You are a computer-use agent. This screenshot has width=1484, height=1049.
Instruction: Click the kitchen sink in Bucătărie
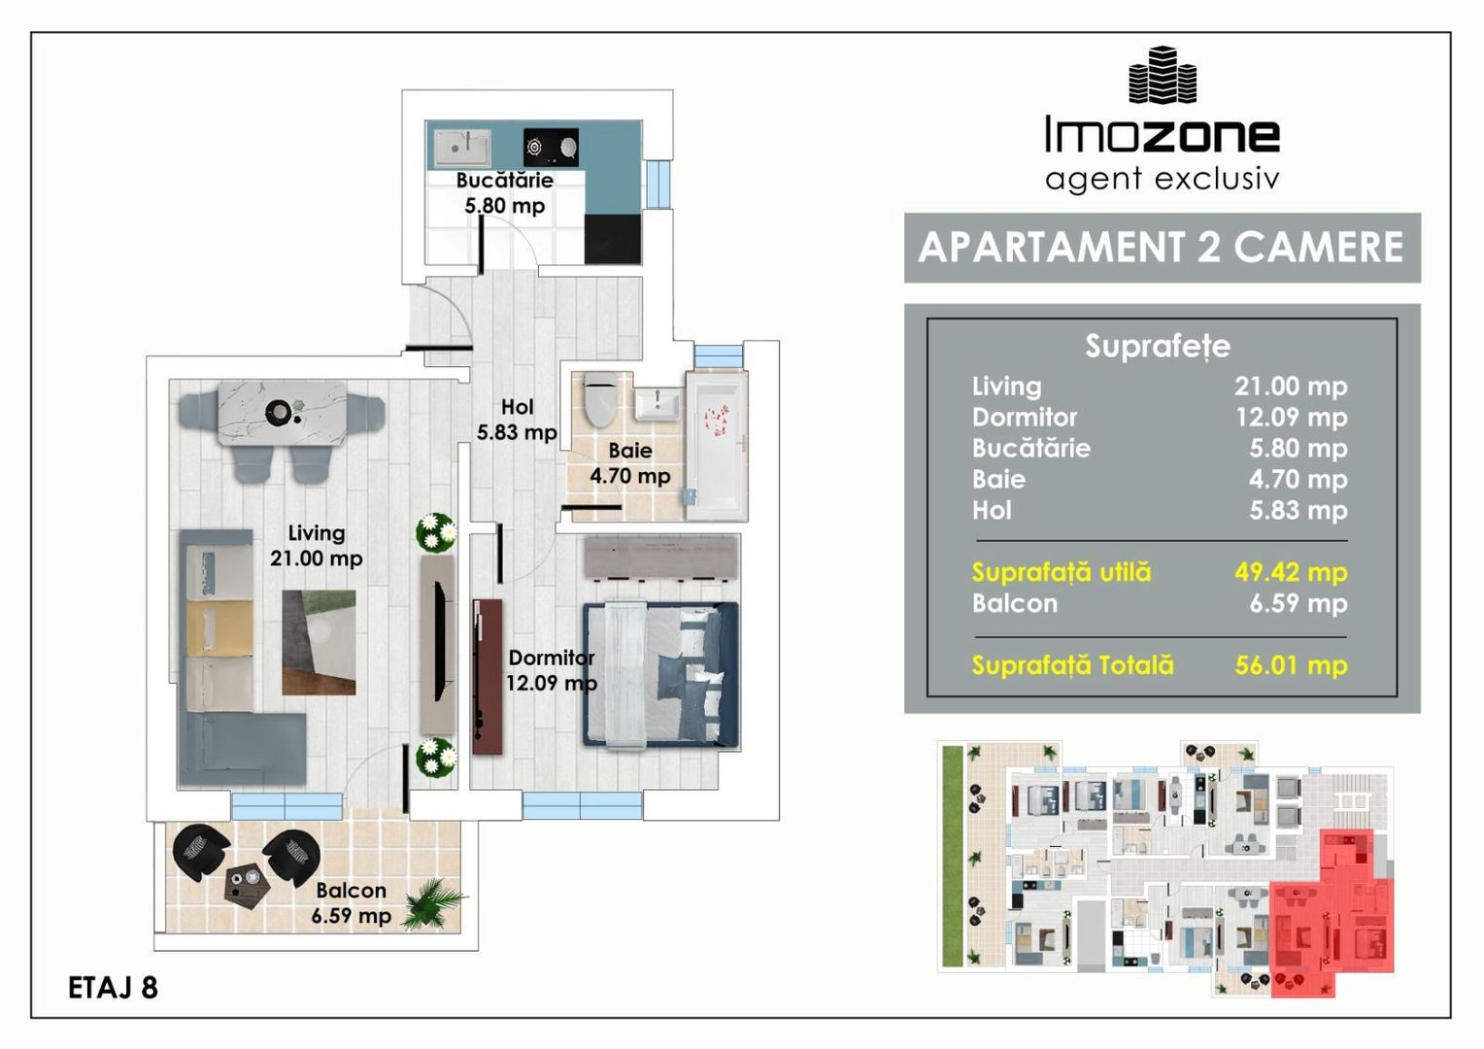click(461, 148)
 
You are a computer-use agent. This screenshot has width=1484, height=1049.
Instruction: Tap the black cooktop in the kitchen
click(551, 147)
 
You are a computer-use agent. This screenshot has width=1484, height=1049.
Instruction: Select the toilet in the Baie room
click(600, 399)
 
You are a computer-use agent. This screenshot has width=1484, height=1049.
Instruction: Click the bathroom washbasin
click(658, 404)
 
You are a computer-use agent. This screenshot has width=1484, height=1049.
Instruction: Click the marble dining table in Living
click(283, 413)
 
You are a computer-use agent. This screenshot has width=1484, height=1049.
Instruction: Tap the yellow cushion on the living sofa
click(219, 628)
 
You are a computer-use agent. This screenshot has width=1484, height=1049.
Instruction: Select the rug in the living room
click(319, 642)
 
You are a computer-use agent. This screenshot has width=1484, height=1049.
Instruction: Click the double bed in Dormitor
click(660, 675)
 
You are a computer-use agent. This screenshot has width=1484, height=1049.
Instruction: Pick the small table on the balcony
click(247, 884)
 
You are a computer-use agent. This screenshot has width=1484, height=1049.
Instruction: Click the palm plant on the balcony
click(432, 902)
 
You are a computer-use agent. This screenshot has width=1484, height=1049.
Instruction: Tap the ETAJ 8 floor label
click(113, 988)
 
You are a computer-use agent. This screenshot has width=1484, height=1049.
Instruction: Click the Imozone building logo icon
click(1162, 75)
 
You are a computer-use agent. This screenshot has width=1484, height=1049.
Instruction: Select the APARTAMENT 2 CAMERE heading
click(1162, 247)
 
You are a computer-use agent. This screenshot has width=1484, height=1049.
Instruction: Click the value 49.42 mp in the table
click(1291, 572)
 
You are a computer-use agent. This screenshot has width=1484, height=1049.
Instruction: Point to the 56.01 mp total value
click(1291, 665)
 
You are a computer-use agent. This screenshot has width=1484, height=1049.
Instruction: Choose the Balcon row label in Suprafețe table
click(1014, 604)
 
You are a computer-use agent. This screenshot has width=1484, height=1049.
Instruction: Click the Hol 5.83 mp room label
click(517, 420)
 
